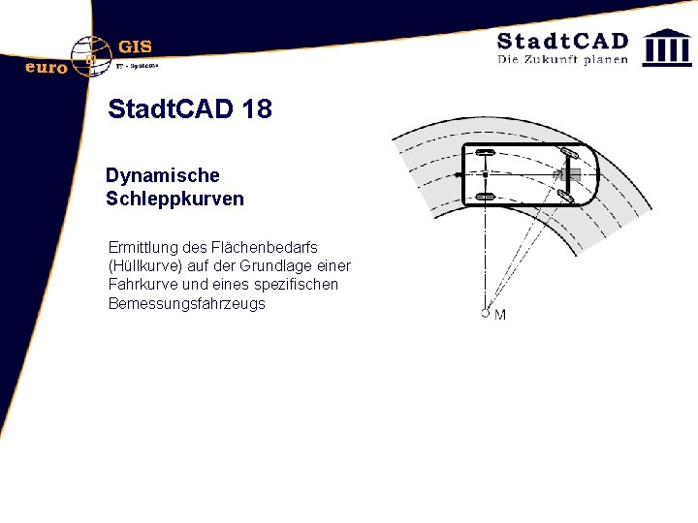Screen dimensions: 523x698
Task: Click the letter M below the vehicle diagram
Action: tap(500, 315)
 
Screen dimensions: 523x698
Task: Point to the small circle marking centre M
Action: tap(485, 313)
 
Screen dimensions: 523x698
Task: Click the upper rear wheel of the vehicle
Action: tap(485, 153)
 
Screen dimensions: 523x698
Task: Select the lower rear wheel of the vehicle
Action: tap(485, 197)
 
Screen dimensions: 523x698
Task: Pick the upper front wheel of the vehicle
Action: tap(569, 154)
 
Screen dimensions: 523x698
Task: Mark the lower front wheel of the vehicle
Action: tap(565, 197)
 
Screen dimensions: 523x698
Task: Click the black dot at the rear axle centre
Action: tap(485, 175)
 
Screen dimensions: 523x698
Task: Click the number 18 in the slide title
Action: tap(259, 108)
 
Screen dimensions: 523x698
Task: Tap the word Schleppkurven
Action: tap(174, 200)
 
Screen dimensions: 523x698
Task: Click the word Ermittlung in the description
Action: tap(143, 248)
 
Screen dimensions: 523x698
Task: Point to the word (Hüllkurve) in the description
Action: tap(145, 266)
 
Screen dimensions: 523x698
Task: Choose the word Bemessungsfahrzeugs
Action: tap(187, 303)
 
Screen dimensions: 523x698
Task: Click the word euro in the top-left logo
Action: tap(46, 67)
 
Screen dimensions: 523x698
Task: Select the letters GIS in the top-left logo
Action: tap(135, 46)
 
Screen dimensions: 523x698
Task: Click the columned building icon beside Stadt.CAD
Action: tap(668, 46)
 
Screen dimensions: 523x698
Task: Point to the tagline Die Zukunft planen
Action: tap(562, 59)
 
